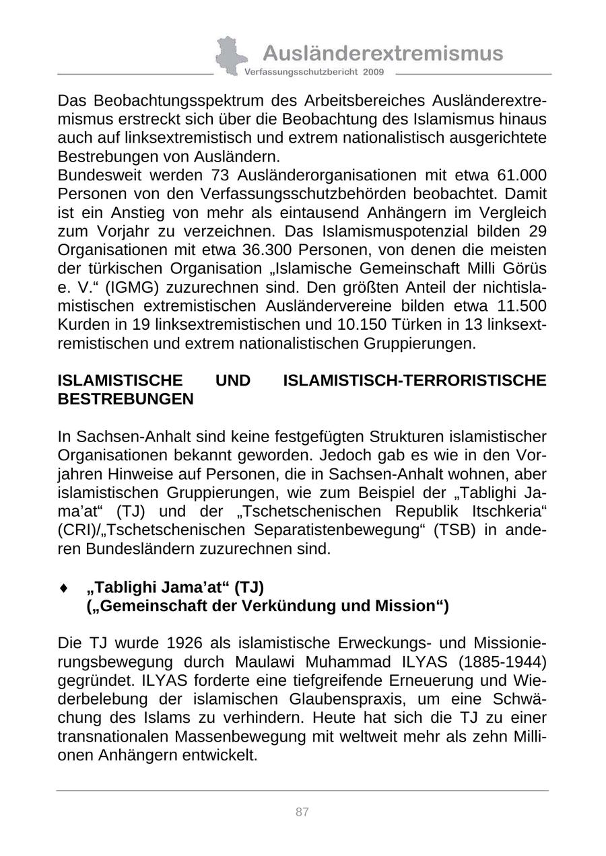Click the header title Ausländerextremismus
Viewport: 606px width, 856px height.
point(382,53)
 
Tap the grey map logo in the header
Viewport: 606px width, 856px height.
point(230,55)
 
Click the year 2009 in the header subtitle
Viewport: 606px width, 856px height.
point(373,72)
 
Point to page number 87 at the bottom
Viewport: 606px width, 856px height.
point(302,812)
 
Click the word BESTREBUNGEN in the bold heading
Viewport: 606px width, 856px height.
point(126,399)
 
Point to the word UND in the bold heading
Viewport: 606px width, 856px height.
point(233,381)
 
